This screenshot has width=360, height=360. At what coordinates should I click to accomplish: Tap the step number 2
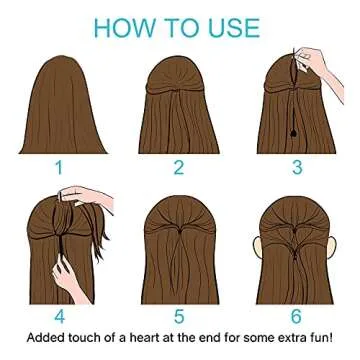179,167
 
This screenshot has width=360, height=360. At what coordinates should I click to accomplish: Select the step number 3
297,167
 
